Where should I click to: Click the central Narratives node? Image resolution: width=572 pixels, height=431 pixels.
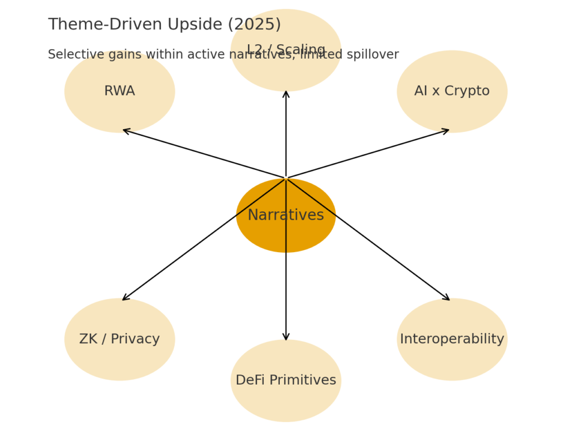click(x=285, y=215)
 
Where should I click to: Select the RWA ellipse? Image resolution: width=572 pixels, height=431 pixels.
click(x=120, y=91)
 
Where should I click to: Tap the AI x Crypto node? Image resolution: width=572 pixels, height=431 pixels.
click(x=452, y=91)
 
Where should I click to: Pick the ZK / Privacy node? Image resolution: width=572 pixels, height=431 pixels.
click(x=120, y=339)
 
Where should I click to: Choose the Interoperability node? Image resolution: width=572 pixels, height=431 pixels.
click(x=452, y=339)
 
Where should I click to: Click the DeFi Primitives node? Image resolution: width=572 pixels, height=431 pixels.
click(x=285, y=381)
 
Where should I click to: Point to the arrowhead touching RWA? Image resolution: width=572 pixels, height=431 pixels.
click(x=125, y=130)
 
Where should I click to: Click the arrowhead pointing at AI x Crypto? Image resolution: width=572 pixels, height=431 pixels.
click(x=447, y=130)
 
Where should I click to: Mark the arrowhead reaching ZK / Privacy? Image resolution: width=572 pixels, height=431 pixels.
click(x=124, y=299)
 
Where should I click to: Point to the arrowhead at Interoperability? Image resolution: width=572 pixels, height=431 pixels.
click(x=448, y=299)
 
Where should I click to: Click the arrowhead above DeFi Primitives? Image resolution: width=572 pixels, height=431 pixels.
click(x=286, y=338)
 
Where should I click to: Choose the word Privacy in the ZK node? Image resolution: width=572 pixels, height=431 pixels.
click(x=136, y=339)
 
